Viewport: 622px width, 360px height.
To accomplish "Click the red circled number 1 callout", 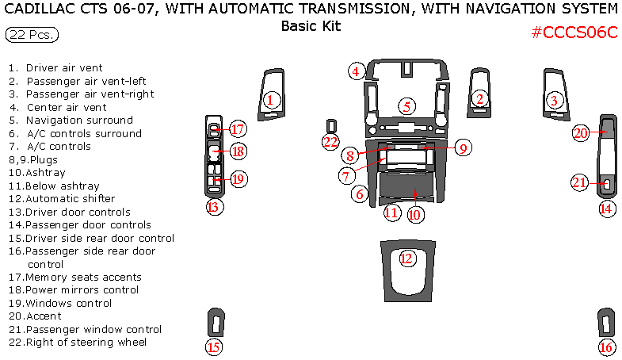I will tap(271, 100).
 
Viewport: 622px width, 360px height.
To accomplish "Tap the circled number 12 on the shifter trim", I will tap(406, 258).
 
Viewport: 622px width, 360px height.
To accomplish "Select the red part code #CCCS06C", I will tap(574, 33).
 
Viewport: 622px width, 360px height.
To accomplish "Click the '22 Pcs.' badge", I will tap(32, 35).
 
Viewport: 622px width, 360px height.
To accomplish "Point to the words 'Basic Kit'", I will tap(311, 25).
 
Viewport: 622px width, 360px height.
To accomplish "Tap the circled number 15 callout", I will tap(212, 347).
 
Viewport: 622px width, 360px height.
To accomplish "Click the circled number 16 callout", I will tap(607, 347).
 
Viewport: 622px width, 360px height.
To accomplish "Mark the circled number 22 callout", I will tap(330, 142).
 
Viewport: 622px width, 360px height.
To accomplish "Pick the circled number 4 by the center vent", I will tap(357, 71).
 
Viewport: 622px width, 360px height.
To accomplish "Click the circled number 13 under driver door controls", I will tap(212, 208).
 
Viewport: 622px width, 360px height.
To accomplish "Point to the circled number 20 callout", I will tap(581, 133).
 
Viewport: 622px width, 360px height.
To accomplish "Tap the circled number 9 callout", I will tap(464, 147).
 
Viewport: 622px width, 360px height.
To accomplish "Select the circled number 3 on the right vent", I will tap(555, 100).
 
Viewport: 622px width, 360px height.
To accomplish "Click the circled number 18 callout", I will tap(238, 151).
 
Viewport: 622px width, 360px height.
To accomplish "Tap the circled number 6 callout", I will tap(361, 193).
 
